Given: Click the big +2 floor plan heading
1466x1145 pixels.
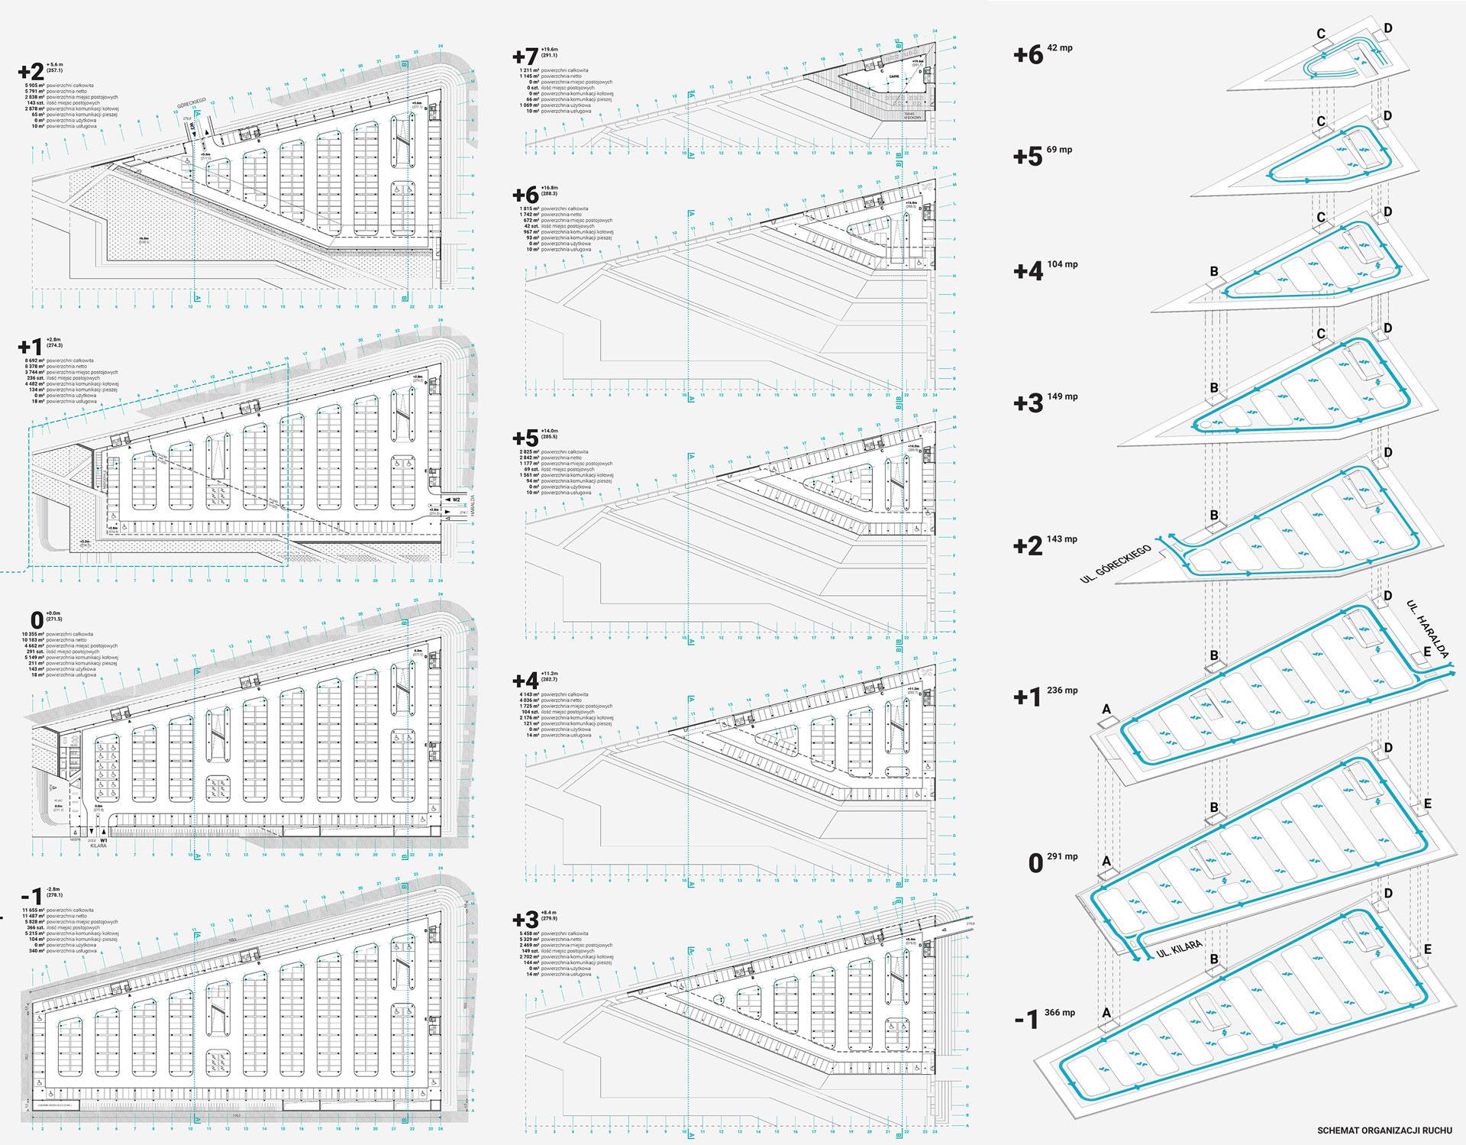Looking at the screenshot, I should click(31, 72).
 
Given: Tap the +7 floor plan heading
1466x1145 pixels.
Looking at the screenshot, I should click(525, 57).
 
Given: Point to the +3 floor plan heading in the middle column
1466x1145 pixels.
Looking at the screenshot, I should click(525, 919).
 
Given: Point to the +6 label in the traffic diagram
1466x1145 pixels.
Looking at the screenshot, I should click(1028, 55).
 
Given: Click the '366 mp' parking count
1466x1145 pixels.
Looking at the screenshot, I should click(1061, 1013).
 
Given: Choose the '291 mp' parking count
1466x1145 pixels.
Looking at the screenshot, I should click(1064, 856).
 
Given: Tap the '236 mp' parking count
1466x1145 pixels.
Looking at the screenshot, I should click(1064, 691).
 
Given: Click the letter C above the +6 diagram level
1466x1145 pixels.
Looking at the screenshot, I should click(1320, 34).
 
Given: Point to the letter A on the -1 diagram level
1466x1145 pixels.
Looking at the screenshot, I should click(1106, 1013).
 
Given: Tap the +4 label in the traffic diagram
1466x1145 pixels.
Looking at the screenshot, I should click(1028, 271).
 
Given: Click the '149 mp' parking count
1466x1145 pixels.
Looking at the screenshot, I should click(1064, 396).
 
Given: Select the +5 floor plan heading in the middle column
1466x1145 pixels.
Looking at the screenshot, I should click(525, 438).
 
